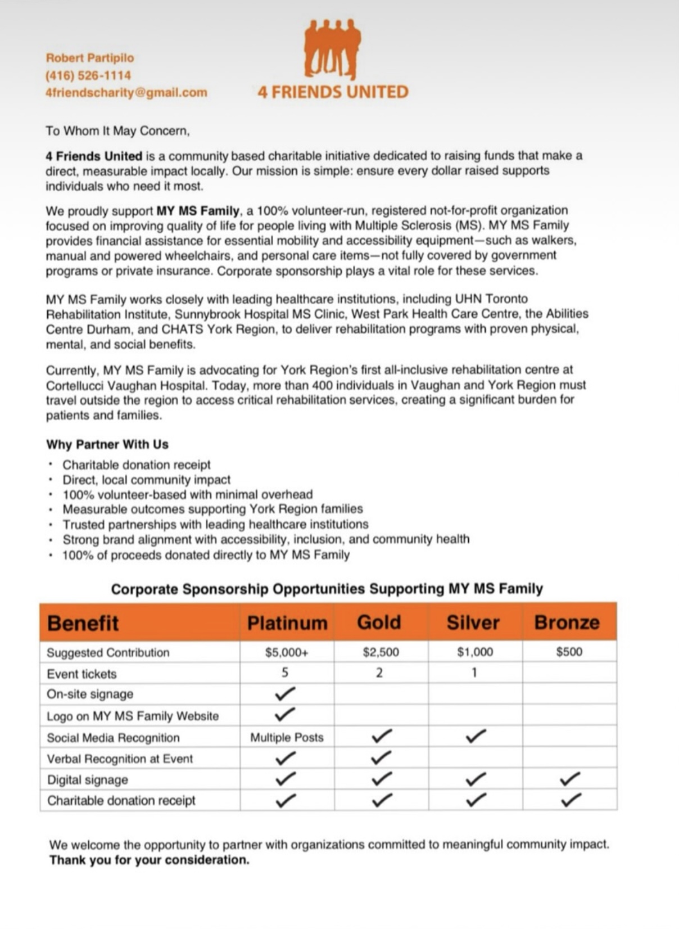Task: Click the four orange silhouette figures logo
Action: point(332,49)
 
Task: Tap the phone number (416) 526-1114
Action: point(88,75)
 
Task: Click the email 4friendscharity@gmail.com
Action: point(126,92)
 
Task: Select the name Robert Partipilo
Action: point(90,58)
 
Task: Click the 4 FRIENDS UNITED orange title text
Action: point(333,92)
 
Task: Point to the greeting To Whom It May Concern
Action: point(117,131)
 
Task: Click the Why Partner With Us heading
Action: point(107,444)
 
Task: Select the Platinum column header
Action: point(287,623)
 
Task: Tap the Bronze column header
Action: point(567,622)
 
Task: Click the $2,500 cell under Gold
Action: point(381,652)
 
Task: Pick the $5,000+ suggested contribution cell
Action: point(287,652)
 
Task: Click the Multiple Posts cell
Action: point(287,737)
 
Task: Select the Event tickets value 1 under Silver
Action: point(474,673)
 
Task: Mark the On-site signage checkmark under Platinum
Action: point(286,694)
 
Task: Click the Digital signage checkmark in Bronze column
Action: point(571,779)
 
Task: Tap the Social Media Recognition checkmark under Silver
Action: point(476,736)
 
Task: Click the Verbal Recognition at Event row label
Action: point(120,759)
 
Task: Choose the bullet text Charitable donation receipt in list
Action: point(137,465)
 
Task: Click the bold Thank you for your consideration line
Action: point(149,860)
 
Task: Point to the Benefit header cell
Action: point(83,623)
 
